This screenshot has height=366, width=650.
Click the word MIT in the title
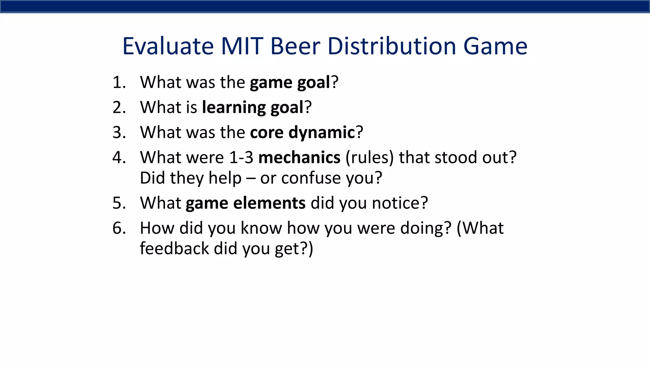[x=242, y=46]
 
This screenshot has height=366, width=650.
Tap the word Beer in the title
[x=295, y=46]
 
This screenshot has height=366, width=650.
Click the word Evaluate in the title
[x=168, y=46]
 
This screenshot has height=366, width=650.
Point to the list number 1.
[x=119, y=82]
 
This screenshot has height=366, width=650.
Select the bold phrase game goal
[x=290, y=83]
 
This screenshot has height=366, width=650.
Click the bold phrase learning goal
[x=253, y=107]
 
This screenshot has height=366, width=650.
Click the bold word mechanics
[x=299, y=158]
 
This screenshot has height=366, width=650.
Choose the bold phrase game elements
[x=246, y=203]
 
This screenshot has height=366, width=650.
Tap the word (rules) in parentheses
[x=369, y=158]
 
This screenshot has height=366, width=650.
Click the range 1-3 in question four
[x=241, y=158]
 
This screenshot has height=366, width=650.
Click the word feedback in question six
[x=174, y=248]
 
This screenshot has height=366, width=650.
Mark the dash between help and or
[x=251, y=179]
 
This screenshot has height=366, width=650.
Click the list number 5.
[x=119, y=203]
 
